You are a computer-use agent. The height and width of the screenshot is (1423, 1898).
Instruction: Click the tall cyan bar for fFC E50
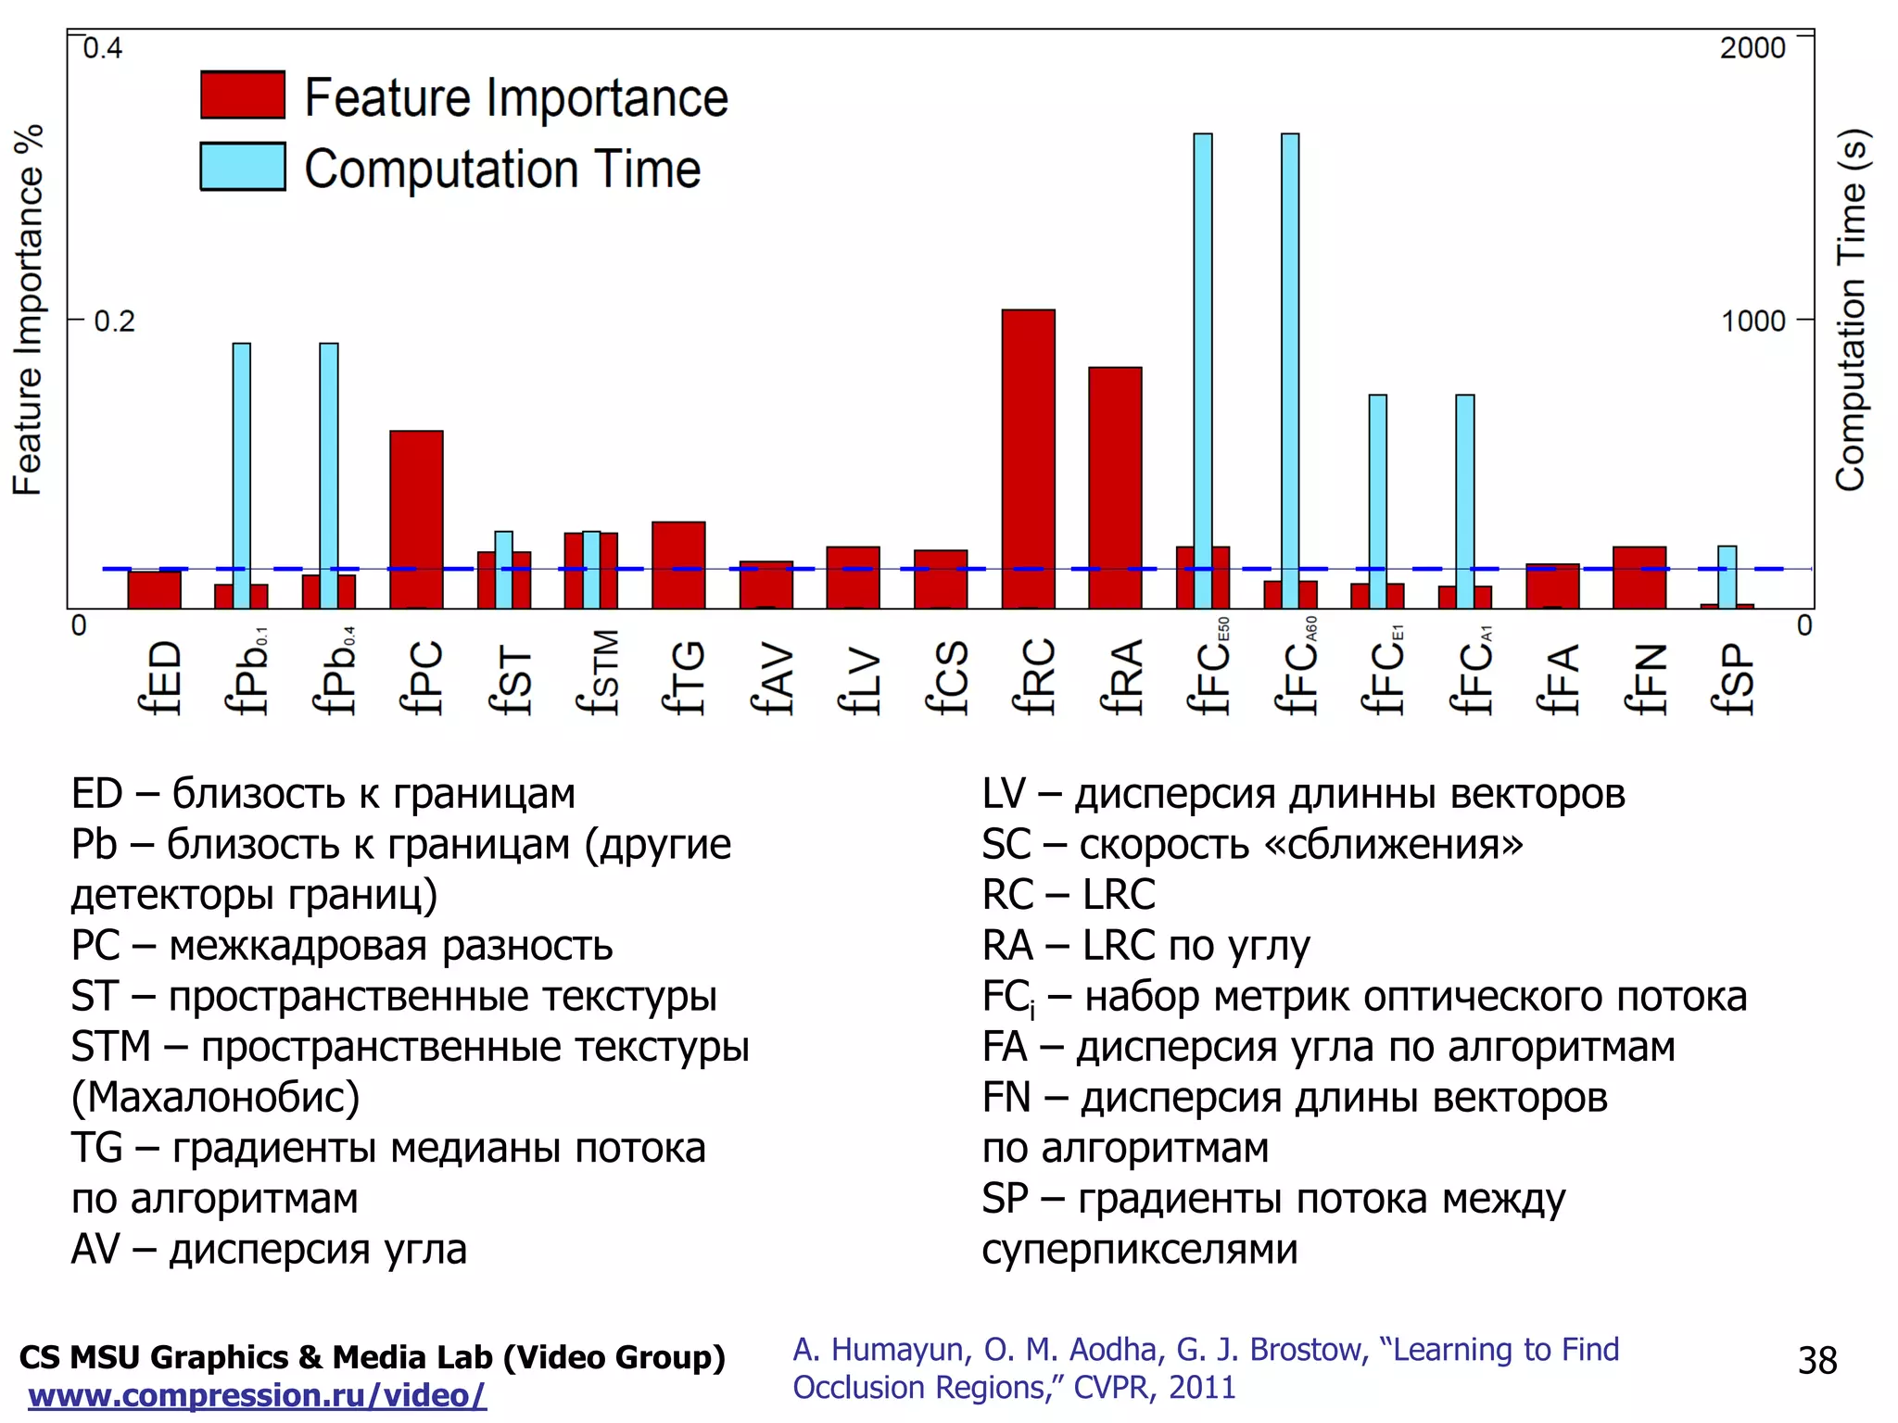(1203, 371)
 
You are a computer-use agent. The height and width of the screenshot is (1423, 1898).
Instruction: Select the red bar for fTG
(678, 565)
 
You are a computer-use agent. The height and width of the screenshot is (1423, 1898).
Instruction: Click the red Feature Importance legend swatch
(243, 95)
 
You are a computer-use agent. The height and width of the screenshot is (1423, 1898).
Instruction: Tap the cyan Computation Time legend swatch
(243, 167)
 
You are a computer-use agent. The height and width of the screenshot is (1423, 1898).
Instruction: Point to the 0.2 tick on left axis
(114, 321)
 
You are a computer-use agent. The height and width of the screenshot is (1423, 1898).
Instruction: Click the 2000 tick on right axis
(1752, 48)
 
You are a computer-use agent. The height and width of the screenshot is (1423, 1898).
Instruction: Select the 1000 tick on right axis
(1752, 321)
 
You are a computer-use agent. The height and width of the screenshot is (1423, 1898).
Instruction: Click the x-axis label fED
(159, 677)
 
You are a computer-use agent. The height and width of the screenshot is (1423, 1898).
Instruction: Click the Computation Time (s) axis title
(1851, 310)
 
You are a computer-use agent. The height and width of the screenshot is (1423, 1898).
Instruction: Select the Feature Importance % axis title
(28, 310)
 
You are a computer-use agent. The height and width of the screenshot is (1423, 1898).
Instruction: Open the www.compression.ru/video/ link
(257, 1395)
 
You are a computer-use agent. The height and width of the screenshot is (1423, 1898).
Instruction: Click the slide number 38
(1816, 1361)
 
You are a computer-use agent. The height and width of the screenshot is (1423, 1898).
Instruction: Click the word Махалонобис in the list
(216, 1098)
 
